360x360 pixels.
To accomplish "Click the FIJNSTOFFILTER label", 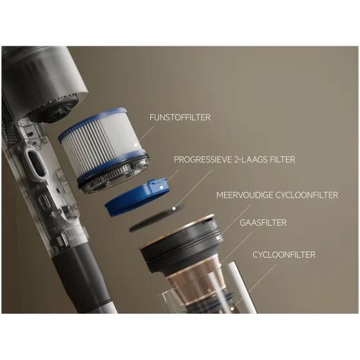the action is coord(180,117).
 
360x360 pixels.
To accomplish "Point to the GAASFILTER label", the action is coord(263,223).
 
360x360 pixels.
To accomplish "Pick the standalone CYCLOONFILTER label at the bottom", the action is coord(284,254).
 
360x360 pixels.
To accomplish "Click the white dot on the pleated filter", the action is coord(136,145).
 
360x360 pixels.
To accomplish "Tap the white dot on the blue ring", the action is coord(162,187).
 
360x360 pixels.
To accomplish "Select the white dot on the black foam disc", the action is coord(174,209).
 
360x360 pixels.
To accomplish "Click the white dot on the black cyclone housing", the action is coord(218,238).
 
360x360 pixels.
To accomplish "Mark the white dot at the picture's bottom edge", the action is coord(232,309).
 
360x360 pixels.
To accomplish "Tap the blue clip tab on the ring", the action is coord(157,186).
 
